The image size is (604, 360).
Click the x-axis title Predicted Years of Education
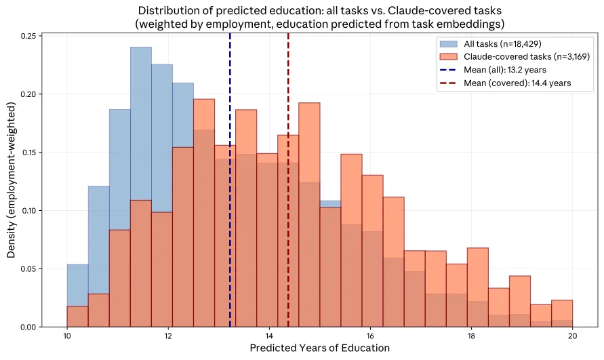pos(320,348)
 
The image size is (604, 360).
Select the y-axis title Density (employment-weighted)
pos(12,180)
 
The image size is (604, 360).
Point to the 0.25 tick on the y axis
pos(31,35)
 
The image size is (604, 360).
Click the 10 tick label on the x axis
pos(66,336)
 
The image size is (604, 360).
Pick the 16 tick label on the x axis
pos(370,336)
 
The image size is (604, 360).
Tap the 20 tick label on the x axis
pos(573,336)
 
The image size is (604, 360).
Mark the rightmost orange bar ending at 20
pos(562,313)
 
